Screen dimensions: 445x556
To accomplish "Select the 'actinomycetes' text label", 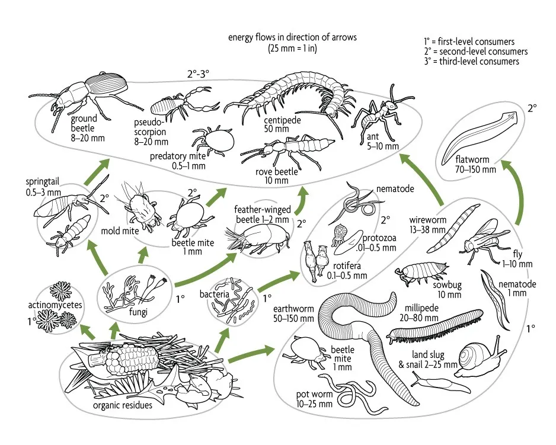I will [x=53, y=305].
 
